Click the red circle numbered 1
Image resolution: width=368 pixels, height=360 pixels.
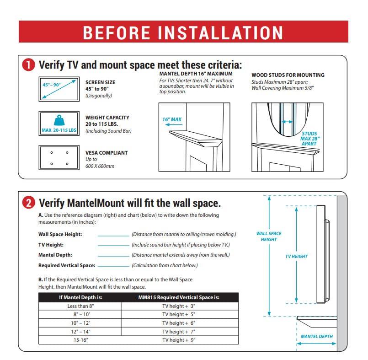[28, 65]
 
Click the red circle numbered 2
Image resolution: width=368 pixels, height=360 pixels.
[28, 203]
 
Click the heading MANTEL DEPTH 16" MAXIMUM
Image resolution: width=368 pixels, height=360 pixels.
[196, 74]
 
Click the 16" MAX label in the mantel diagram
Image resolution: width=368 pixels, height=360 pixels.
[172, 119]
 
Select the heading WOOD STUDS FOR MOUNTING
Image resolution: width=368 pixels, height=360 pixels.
[288, 75]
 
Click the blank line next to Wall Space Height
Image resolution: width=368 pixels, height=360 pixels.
[113, 235]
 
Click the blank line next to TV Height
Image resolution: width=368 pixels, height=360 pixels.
[113, 245]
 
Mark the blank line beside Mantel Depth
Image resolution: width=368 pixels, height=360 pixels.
[113, 255]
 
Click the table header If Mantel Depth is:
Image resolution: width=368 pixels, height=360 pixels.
[80, 297]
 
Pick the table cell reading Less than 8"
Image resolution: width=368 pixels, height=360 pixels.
[80, 306]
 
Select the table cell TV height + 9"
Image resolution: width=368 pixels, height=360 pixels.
[179, 340]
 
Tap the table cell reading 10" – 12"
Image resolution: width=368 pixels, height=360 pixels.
[80, 323]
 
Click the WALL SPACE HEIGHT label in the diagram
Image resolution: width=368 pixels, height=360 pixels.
[269, 236]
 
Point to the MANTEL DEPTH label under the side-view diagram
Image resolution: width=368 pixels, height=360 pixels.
[316, 336]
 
